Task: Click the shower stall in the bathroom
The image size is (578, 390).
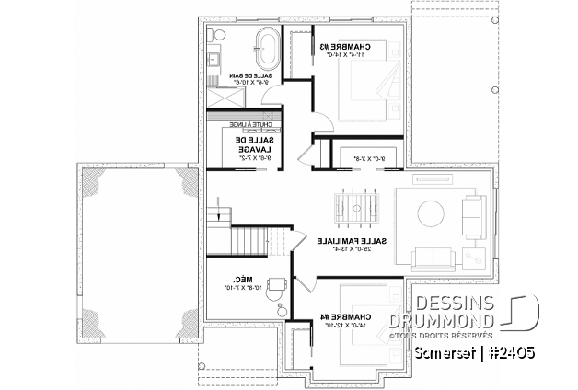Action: click(x=223, y=95)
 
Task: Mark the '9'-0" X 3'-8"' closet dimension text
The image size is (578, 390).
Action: click(x=359, y=158)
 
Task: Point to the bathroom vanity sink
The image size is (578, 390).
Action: click(x=214, y=63)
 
